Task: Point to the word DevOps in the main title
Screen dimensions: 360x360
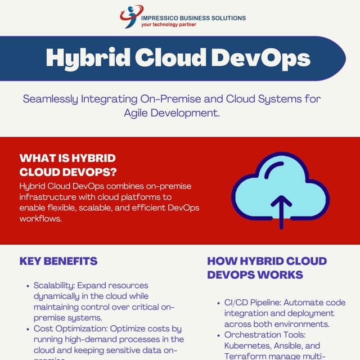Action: click(263, 58)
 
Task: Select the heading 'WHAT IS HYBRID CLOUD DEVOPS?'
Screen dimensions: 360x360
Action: click(68, 165)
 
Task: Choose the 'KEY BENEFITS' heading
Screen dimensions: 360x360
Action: click(58, 261)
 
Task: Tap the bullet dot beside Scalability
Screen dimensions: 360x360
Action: click(28, 286)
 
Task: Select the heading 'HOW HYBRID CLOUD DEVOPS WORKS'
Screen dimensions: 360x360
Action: click(267, 268)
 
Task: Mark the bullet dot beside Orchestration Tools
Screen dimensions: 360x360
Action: click(219, 335)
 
